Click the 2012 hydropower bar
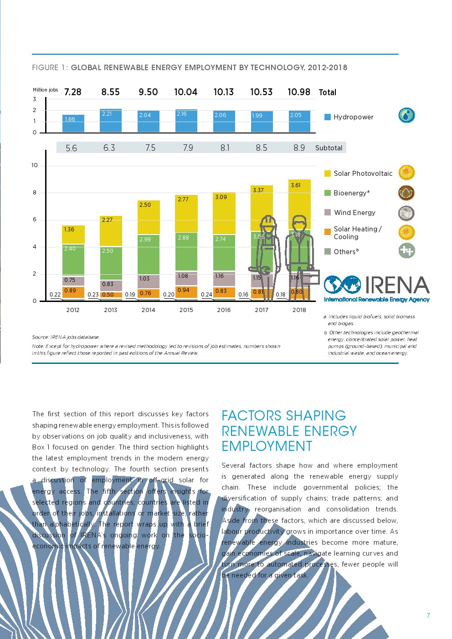[73, 124]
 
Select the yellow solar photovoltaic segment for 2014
[149, 217]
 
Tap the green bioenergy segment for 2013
[111, 263]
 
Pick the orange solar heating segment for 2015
[186, 292]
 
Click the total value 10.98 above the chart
[299, 92]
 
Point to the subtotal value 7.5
[150, 148]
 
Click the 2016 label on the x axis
[224, 310]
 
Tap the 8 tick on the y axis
[35, 193]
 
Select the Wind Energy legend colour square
[327, 213]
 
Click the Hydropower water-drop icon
[406, 115]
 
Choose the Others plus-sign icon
[406, 250]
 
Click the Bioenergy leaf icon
[406, 193]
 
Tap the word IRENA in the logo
[397, 286]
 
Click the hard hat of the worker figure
[268, 221]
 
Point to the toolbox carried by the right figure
[309, 277]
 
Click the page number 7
[428, 615]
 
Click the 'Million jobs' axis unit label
[46, 90]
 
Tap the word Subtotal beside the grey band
[329, 148]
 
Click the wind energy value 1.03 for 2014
[144, 279]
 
